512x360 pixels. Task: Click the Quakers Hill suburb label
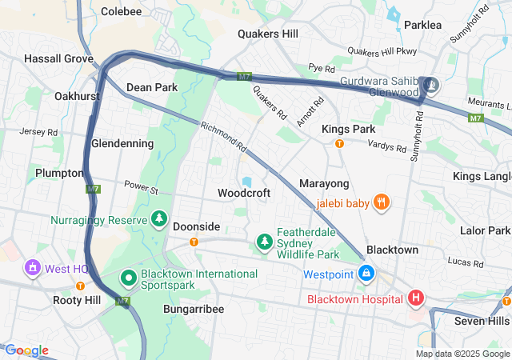(268, 34)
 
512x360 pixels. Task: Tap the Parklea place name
(422, 26)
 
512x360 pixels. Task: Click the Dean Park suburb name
(152, 87)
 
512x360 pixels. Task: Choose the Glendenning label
(122, 143)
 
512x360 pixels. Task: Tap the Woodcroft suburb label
(244, 193)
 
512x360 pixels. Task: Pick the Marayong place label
(324, 184)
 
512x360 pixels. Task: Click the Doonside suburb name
(196, 226)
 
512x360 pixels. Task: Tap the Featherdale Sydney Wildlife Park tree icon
(264, 241)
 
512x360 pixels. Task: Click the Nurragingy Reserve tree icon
(159, 219)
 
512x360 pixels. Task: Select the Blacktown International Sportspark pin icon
(128, 278)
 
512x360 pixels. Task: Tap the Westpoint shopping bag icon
(366, 274)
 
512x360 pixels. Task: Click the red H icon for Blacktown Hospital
(415, 299)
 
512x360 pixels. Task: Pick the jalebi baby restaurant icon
(382, 203)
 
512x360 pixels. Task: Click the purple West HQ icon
(33, 267)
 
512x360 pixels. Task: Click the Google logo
(26, 350)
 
